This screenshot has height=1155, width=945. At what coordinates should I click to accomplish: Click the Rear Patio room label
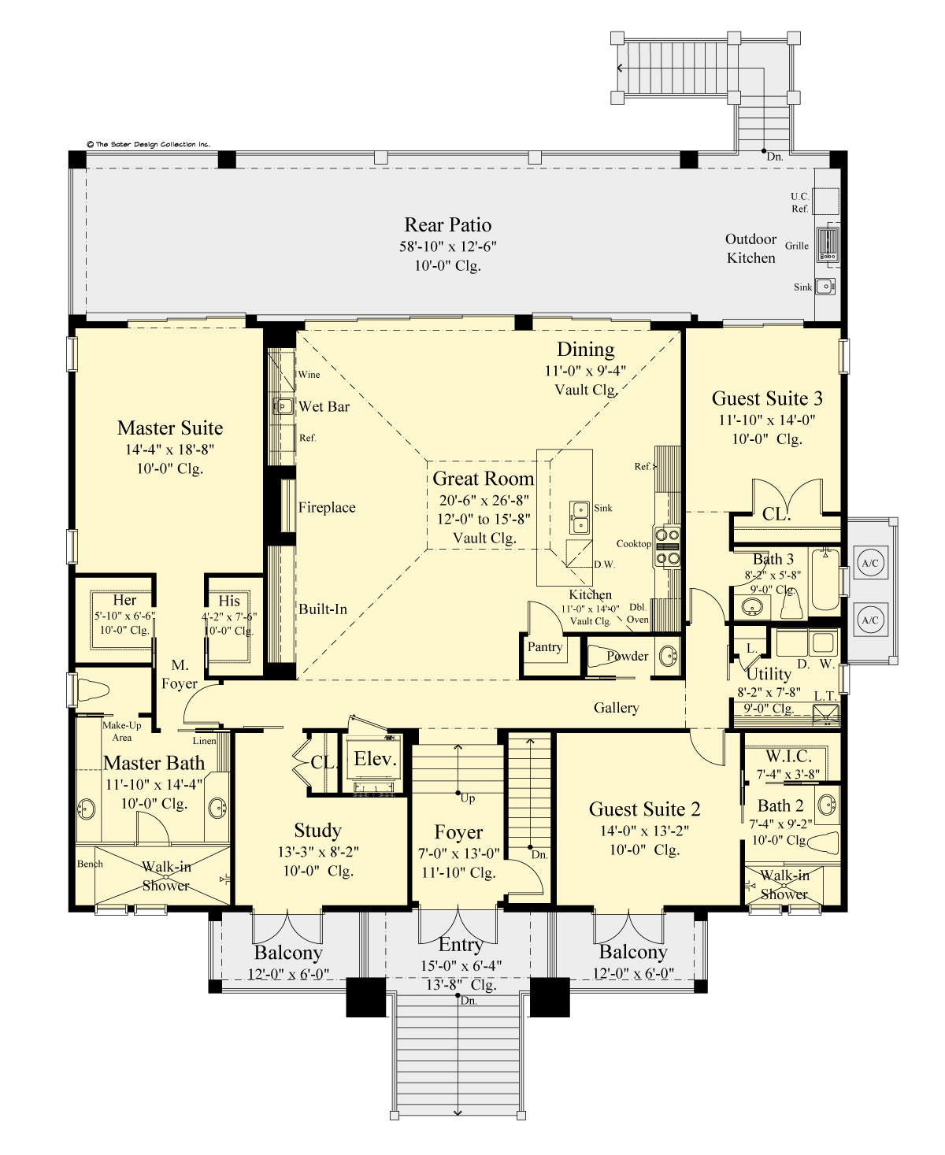[447, 225]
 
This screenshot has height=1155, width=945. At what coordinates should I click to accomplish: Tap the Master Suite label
[170, 428]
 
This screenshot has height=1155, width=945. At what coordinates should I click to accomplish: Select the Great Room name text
[483, 479]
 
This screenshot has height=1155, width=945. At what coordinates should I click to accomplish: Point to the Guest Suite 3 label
[766, 398]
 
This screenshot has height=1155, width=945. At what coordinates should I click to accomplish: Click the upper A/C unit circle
[869, 563]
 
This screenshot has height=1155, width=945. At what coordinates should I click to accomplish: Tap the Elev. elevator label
[374, 759]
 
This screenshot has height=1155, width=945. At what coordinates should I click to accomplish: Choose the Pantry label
[544, 647]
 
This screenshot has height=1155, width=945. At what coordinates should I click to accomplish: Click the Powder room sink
[667, 655]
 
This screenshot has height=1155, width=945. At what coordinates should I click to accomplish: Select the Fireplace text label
[326, 508]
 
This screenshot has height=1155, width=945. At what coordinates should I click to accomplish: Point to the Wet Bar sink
[283, 406]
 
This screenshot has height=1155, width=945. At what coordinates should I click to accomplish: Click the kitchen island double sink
[580, 516]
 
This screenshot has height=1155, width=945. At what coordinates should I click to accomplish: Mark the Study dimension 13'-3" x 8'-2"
[318, 852]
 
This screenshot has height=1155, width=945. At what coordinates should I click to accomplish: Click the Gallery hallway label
[616, 708]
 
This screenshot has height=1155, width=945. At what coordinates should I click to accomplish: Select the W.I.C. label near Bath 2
[787, 757]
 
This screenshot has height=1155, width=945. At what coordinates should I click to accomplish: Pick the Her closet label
[124, 601]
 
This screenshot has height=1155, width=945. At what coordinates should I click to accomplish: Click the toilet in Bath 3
[791, 605]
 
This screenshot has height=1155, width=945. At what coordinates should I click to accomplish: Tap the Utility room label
[768, 674]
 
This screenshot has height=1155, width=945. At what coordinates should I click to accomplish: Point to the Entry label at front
[460, 945]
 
